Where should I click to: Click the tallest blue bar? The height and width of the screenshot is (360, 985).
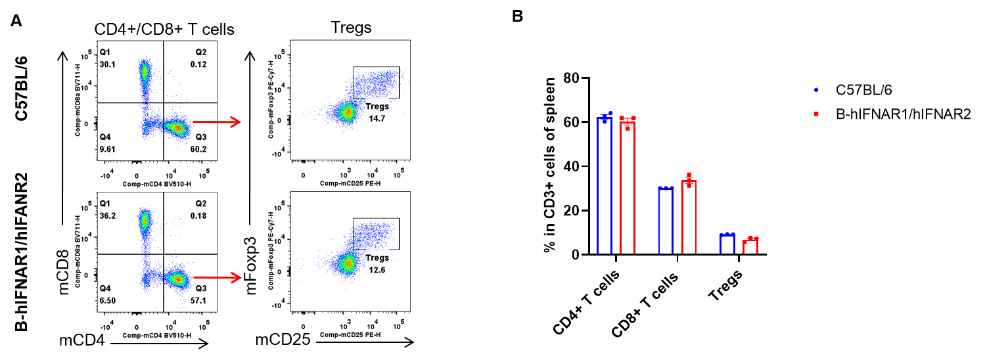tap(604, 184)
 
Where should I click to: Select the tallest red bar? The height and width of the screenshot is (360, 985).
tap(628, 186)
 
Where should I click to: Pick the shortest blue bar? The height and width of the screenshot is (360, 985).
tap(727, 243)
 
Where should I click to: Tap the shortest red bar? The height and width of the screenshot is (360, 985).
tap(751, 246)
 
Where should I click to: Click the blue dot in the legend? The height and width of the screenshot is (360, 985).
tap(816, 89)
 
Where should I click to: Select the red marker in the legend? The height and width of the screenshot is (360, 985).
tap(816, 114)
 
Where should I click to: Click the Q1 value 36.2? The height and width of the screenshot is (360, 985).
tap(107, 215)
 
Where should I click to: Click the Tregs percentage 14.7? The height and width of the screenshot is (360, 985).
tap(377, 118)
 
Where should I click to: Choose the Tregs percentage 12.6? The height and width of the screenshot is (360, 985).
tap(377, 269)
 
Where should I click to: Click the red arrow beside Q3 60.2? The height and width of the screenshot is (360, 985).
tap(217, 122)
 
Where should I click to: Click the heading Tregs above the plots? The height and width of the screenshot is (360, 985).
tap(351, 28)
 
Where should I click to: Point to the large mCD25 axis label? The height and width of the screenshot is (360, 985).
tap(283, 340)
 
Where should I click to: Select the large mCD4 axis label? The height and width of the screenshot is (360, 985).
tap(83, 340)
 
